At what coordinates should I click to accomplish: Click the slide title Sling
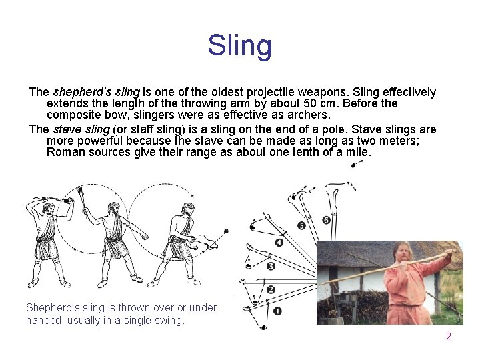pos(239,45)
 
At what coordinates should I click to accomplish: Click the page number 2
pos(449,336)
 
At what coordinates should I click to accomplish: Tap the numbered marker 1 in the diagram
pos(277,311)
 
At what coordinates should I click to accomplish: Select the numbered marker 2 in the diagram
pos(270,289)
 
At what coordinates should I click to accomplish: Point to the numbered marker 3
pos(271,266)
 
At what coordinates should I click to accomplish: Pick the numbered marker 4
pos(279,243)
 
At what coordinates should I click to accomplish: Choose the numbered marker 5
pos(301,226)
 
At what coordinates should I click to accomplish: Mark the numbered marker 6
pos(326,220)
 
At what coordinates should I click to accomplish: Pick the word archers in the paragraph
pos(309,115)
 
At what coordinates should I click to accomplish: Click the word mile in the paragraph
pos(356,152)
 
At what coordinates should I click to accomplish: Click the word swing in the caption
pos(171,320)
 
